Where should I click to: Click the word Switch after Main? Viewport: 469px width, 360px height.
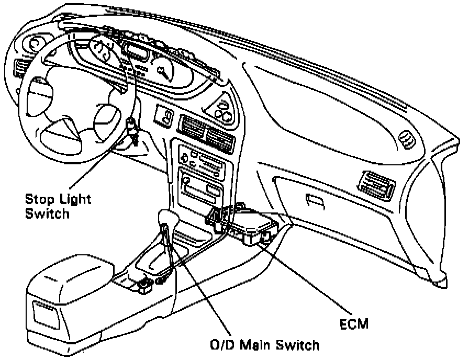[x=300, y=345]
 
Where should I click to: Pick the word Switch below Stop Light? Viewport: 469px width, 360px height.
[x=47, y=213]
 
